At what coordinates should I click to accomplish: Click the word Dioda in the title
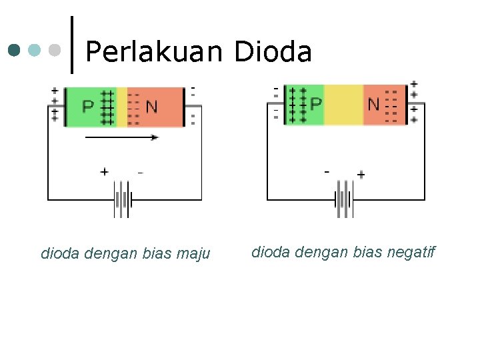coord(273,51)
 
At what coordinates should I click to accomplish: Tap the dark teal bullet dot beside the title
coord(15,50)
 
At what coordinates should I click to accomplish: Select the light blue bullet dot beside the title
coord(35,50)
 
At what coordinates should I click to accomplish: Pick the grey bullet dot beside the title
coord(55,50)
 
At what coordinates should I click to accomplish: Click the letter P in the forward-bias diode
coord(88,107)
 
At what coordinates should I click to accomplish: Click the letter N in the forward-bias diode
coord(152,107)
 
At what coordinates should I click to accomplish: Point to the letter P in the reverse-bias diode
coord(316,104)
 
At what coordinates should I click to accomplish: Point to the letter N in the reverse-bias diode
coord(373,104)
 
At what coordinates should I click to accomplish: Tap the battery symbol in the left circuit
coord(123,199)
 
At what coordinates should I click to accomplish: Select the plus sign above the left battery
coord(104,172)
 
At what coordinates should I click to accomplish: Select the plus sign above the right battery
coord(361,175)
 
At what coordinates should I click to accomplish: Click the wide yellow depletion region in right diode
coord(343,105)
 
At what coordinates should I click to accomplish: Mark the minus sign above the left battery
coord(140,172)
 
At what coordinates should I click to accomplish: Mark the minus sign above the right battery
coord(327,172)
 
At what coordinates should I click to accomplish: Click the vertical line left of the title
coord(71,45)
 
